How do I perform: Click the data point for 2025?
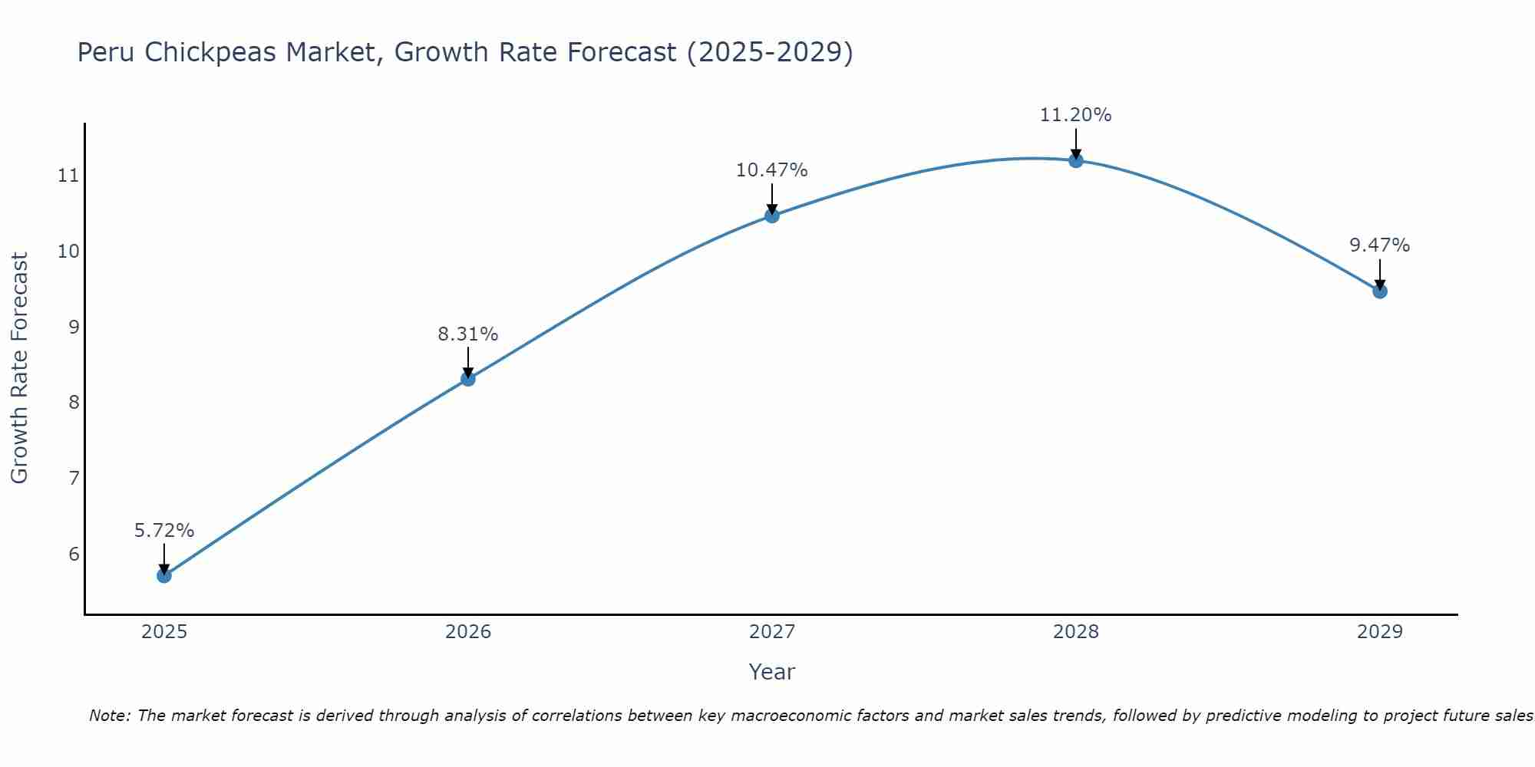[164, 575]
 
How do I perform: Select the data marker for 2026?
[468, 378]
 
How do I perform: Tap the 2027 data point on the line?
[772, 216]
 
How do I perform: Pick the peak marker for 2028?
[1076, 160]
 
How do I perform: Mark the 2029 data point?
[1380, 291]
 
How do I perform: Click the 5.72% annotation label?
[164, 531]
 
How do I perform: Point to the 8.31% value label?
[468, 334]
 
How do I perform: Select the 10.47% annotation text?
[772, 170]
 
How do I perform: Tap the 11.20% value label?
[1076, 115]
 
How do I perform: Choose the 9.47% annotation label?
[1380, 245]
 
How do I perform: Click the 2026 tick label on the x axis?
[468, 632]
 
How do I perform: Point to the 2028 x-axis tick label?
[1076, 632]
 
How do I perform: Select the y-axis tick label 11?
[68, 176]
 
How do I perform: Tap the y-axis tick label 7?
[74, 479]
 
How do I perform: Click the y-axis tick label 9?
[74, 328]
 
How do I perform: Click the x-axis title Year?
[772, 672]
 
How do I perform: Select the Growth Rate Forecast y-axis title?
[19, 368]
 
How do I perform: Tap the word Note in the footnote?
[109, 716]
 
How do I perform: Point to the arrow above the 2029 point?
[1380, 275]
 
